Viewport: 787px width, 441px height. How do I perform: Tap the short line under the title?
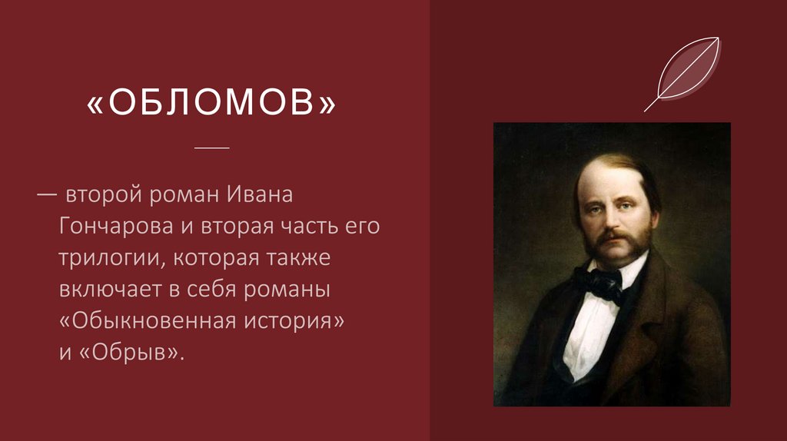[212, 147]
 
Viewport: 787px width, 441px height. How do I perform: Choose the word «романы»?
[293, 291]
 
